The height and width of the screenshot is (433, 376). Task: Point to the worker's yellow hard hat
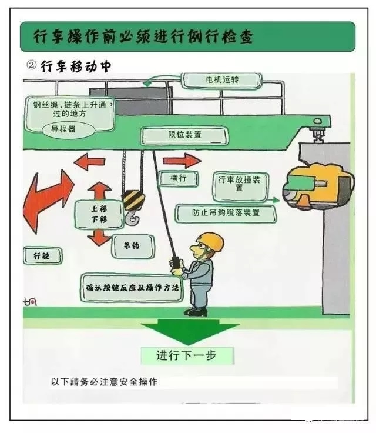210,241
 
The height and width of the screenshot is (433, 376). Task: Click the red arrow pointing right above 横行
182,160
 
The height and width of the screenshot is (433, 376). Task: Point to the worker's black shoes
196,311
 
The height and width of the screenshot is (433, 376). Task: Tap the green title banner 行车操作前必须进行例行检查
187,37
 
